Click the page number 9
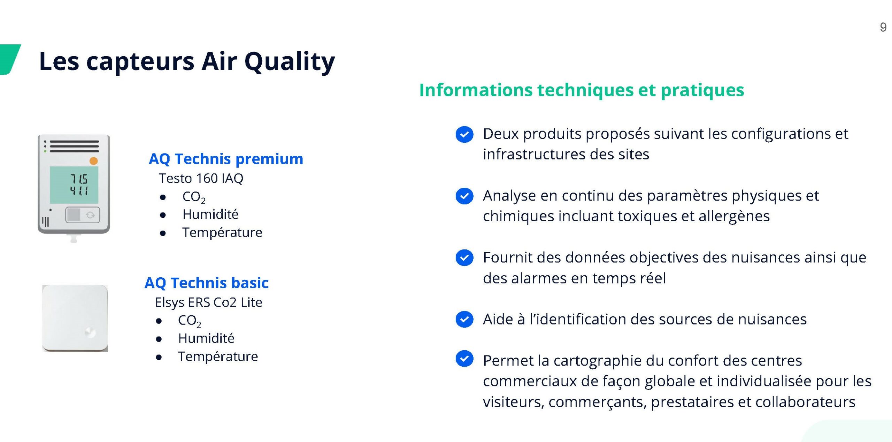(883, 27)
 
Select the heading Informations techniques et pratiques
(582, 90)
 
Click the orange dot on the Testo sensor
(93, 161)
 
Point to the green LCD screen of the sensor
(74, 185)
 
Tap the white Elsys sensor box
(75, 318)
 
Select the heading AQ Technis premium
(226, 159)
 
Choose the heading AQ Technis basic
(207, 283)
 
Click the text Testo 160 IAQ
(201, 178)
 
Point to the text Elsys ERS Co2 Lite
(209, 302)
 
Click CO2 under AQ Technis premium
(194, 197)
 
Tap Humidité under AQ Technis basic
(206, 338)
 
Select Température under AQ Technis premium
(222, 232)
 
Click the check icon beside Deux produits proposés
(464, 134)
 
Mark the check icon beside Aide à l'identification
(464, 319)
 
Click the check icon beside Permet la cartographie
(464, 359)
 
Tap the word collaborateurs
(805, 402)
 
